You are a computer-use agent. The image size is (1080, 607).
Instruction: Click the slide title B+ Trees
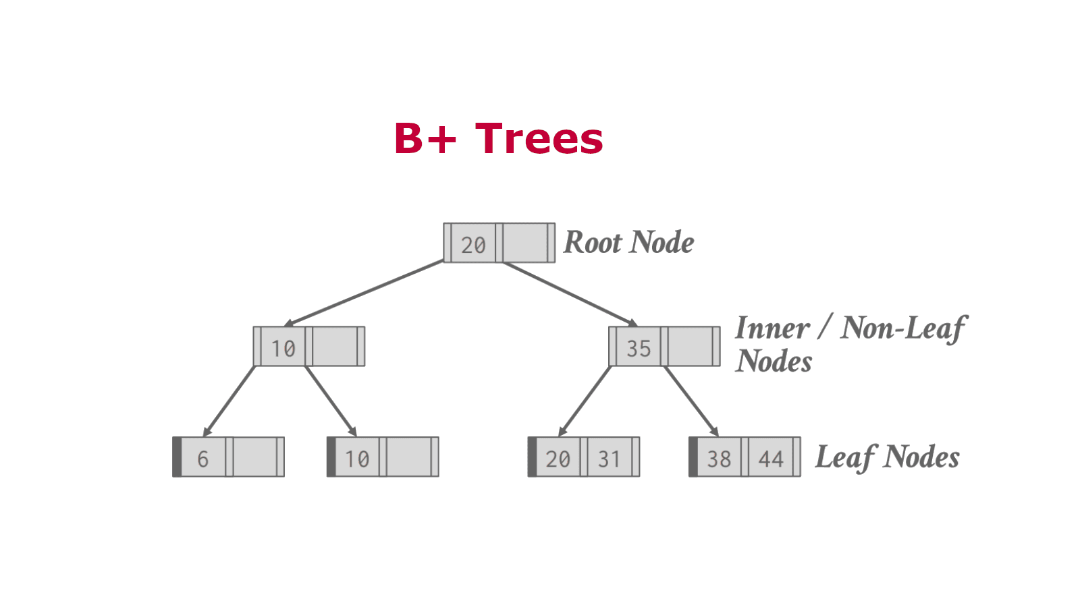point(498,138)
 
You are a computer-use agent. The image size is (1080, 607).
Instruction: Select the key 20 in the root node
point(473,244)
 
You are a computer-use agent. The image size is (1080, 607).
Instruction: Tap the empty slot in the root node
point(525,243)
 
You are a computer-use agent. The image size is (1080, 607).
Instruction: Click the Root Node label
point(628,243)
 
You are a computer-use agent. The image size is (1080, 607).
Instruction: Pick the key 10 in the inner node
point(283,348)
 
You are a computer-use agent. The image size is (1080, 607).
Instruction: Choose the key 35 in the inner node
point(639,348)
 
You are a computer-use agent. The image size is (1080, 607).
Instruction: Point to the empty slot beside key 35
point(690,347)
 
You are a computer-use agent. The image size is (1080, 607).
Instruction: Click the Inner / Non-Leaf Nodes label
point(850,344)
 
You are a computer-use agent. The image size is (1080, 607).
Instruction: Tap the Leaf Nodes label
point(887,457)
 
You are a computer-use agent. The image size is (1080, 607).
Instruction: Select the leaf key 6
point(202,459)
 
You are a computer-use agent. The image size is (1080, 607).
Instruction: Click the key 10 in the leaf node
point(357,459)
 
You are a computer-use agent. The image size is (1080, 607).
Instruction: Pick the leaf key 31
point(609,459)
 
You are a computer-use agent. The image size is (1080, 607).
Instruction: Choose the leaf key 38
point(719,459)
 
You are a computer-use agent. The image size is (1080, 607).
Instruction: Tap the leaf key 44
point(771,459)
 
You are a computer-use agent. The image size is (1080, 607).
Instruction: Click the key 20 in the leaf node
point(558,459)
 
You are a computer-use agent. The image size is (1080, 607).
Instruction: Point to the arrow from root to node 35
point(570,294)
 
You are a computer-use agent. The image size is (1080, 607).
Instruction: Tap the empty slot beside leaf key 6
point(254,457)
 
